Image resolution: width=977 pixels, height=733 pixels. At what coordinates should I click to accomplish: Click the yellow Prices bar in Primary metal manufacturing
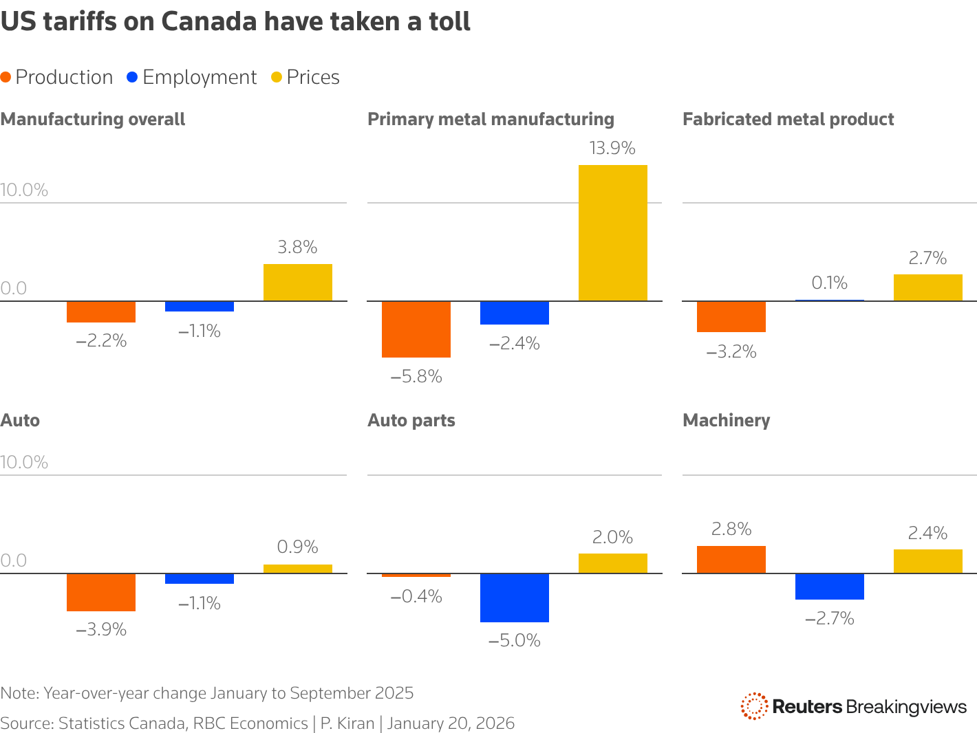coord(612,232)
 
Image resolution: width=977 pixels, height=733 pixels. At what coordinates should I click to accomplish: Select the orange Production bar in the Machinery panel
coord(731,559)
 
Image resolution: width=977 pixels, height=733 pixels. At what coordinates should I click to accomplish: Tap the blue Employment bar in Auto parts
coord(514,598)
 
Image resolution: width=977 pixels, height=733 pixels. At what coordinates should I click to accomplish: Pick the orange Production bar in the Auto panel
coord(101,592)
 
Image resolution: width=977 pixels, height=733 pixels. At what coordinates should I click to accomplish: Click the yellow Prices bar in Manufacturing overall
coord(297,283)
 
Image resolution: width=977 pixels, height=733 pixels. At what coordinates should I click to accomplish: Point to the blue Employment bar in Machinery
coord(829,587)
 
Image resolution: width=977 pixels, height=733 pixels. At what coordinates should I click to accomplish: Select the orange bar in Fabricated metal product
coord(731,316)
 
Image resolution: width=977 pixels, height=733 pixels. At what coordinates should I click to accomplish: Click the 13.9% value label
coord(612,149)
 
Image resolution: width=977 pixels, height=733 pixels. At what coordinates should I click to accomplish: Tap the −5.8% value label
coord(416,377)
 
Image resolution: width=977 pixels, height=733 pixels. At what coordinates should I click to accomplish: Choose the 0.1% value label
coord(829,283)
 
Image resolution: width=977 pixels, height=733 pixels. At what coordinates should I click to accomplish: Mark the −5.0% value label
coord(514,641)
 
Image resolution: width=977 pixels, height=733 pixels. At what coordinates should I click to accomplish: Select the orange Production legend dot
coord(6,78)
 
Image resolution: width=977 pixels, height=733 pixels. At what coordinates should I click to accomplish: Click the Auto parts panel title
coord(411,420)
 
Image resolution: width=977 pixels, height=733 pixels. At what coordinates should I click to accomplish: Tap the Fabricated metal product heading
coord(788,119)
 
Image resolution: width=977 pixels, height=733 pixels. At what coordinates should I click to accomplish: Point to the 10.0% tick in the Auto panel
coord(24,462)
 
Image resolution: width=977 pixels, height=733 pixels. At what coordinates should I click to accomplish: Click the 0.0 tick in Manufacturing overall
coord(14,288)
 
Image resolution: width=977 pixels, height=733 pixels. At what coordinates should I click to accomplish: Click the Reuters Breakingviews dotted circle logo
coord(754,706)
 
